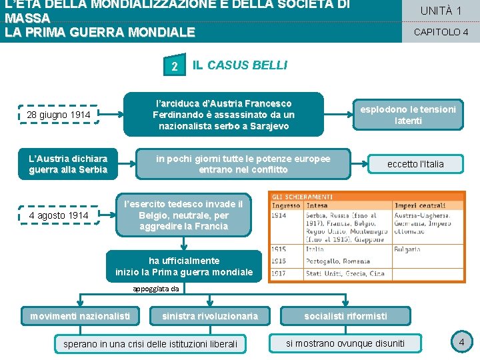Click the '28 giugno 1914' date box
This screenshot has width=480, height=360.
pyautogui.click(x=59, y=115)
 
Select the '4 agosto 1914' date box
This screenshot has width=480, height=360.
pyautogui.click(x=59, y=215)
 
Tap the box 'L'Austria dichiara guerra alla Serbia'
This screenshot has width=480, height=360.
pyautogui.click(x=67, y=164)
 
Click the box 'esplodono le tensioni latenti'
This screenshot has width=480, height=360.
pyautogui.click(x=408, y=115)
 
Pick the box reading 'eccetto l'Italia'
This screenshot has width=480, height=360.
pyautogui.click(x=415, y=164)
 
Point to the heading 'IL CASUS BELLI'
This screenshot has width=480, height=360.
pyautogui.click(x=240, y=65)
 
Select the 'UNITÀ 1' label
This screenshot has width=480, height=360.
pyautogui.click(x=441, y=11)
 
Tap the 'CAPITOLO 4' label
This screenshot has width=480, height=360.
pyautogui.click(x=441, y=32)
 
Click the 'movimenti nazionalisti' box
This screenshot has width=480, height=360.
pyautogui.click(x=80, y=316)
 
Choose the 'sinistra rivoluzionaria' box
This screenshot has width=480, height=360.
pyautogui.click(x=209, y=316)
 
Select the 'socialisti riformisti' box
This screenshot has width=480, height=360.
pyautogui.click(x=345, y=316)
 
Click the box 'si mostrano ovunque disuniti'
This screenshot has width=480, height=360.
pyautogui.click(x=345, y=343)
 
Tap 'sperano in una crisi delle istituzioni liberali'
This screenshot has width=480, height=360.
pyautogui.click(x=149, y=344)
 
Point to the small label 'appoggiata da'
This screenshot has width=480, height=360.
pyautogui.click(x=155, y=289)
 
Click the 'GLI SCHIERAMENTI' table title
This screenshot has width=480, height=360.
pyautogui.click(x=302, y=197)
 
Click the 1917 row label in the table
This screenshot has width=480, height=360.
pyautogui.click(x=279, y=273)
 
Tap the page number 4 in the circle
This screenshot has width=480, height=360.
pyautogui.click(x=461, y=343)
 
